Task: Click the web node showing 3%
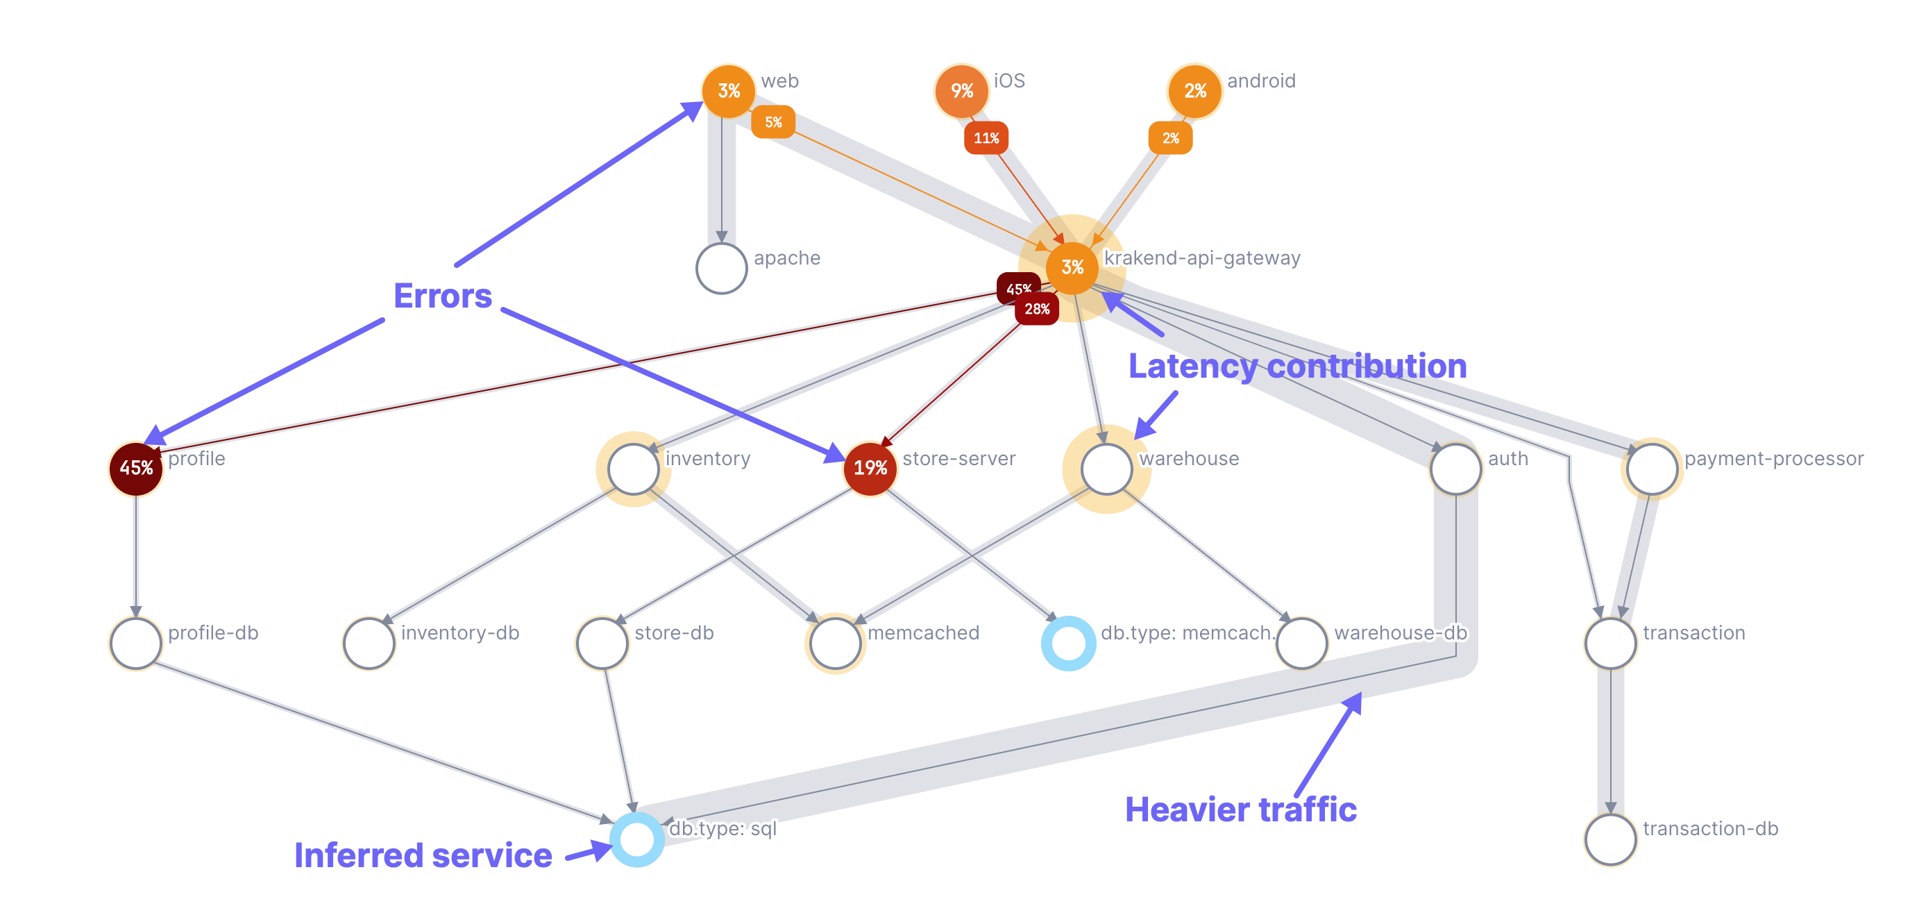(728, 90)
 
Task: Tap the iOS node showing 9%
(961, 90)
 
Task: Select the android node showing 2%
(1194, 90)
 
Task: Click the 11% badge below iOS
(986, 138)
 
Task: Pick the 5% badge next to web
(772, 121)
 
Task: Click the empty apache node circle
(720, 268)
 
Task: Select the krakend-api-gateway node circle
(1072, 267)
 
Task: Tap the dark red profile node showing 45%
(136, 468)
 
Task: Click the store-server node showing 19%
(870, 468)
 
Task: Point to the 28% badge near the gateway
(1037, 308)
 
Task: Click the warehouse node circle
(1106, 468)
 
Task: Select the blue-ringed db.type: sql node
(636, 839)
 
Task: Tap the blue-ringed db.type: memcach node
(1067, 643)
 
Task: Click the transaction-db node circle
(1609, 839)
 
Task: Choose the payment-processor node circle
(1651, 468)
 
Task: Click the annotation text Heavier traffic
(1240, 810)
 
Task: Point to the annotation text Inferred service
(423, 855)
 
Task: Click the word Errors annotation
(442, 296)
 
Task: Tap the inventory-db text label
(459, 632)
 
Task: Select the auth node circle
(1455, 468)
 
